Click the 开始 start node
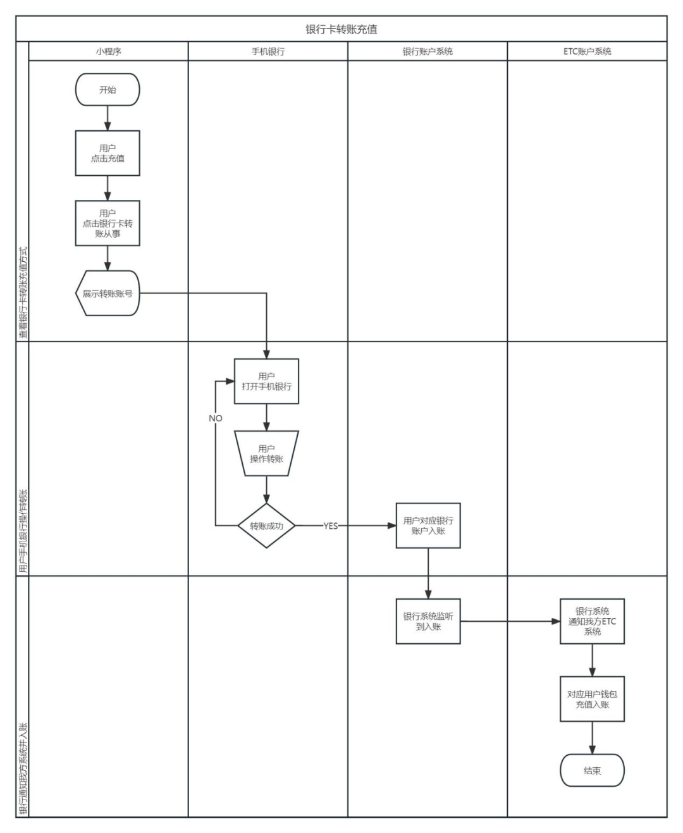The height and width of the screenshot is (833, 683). (x=108, y=90)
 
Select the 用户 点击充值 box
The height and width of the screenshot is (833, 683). (x=108, y=153)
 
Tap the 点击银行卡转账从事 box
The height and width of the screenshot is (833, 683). (x=108, y=223)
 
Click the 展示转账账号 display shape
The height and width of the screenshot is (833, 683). (x=108, y=293)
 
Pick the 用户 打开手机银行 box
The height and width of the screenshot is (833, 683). (x=266, y=381)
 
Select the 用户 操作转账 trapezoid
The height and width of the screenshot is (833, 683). (x=266, y=454)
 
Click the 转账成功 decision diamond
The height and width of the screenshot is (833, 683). (x=266, y=526)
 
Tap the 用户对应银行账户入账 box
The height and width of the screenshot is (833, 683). (x=428, y=526)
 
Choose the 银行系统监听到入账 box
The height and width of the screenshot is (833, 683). (x=428, y=621)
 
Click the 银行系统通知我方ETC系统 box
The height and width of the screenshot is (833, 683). (x=592, y=621)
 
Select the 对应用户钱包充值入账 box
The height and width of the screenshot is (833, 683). (x=592, y=699)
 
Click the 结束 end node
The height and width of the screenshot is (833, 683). (x=592, y=770)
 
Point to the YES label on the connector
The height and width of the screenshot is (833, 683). (x=331, y=526)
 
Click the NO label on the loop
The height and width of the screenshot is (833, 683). (x=216, y=418)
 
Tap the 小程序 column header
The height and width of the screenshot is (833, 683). (x=108, y=51)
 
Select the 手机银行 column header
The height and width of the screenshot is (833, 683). (x=268, y=51)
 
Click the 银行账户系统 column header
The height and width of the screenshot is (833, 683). (x=428, y=51)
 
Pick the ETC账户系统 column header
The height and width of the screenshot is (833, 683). (x=587, y=51)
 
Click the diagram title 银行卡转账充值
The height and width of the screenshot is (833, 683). (x=341, y=29)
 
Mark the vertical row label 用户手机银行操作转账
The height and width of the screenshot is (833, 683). (x=23, y=531)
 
